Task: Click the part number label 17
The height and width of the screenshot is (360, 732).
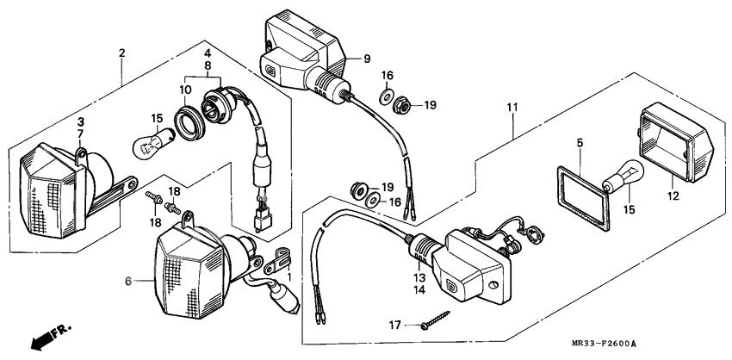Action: tap(395, 325)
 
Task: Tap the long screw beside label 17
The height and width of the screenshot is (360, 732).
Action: tap(435, 320)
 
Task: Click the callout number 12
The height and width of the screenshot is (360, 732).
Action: tap(673, 196)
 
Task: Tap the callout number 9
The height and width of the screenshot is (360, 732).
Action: tap(367, 59)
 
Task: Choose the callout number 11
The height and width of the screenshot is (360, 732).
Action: tap(512, 108)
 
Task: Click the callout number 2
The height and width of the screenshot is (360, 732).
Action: tap(121, 53)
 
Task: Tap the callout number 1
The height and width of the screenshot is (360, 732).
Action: tap(289, 277)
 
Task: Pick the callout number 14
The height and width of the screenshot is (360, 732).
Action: tap(419, 290)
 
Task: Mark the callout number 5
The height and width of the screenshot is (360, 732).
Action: tap(580, 143)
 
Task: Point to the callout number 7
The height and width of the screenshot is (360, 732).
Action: tap(81, 134)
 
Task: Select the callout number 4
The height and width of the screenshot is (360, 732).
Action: tap(208, 53)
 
